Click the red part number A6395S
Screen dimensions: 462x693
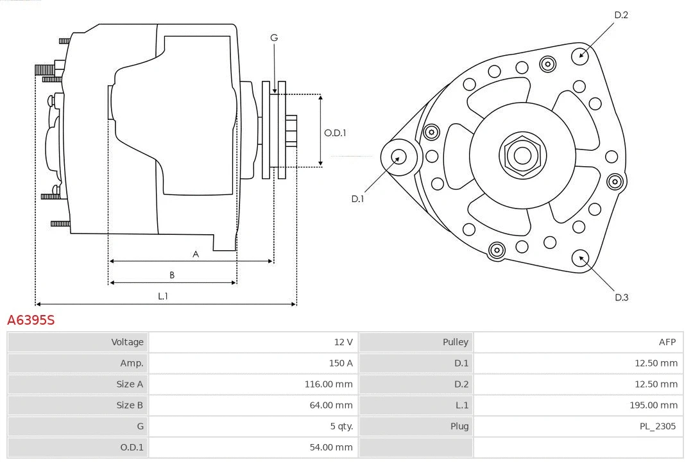(31, 320)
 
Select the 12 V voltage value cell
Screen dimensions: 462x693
(343, 342)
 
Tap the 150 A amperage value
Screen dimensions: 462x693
(340, 363)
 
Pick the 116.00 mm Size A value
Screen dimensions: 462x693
(328, 384)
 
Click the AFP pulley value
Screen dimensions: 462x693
(667, 342)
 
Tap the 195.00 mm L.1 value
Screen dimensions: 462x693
(653, 405)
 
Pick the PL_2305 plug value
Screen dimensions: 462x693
(657, 426)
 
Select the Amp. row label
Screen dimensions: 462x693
(132, 363)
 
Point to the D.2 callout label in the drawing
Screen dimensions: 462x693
(620, 15)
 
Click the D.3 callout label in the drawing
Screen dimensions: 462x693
(621, 297)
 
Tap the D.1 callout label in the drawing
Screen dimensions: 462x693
(357, 199)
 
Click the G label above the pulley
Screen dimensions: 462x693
(274, 38)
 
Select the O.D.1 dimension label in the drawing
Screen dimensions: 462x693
(335, 133)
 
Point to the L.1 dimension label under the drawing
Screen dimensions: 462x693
(163, 296)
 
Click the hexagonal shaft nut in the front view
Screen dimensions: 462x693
(522, 155)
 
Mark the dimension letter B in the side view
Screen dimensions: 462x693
(172, 275)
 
